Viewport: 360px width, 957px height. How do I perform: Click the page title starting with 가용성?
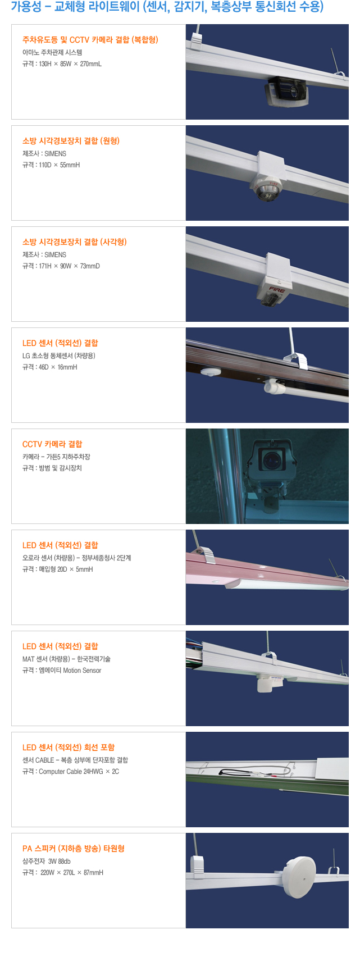pos(167,7)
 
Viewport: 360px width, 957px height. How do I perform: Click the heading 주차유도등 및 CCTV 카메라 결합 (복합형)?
pos(90,40)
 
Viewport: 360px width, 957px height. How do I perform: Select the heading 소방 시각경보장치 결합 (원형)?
pos(71,141)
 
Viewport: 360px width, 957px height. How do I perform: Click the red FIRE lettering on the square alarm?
pos(277,290)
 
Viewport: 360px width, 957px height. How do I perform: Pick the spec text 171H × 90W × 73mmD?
pos(69,266)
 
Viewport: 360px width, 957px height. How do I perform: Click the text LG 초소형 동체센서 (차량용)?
pos(59,356)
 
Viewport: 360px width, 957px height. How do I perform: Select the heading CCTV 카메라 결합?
pos(52,444)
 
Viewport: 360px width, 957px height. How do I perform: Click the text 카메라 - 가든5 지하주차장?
pos(56,457)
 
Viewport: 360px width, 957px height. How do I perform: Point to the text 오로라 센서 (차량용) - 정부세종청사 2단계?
pos(77,558)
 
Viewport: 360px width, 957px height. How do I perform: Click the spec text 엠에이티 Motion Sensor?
pos(70,671)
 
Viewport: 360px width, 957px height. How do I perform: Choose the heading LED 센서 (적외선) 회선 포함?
pos(69,748)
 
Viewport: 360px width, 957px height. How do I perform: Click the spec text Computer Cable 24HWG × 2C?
pos(79,772)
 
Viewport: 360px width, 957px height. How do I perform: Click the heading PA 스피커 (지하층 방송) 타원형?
pos(74,849)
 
